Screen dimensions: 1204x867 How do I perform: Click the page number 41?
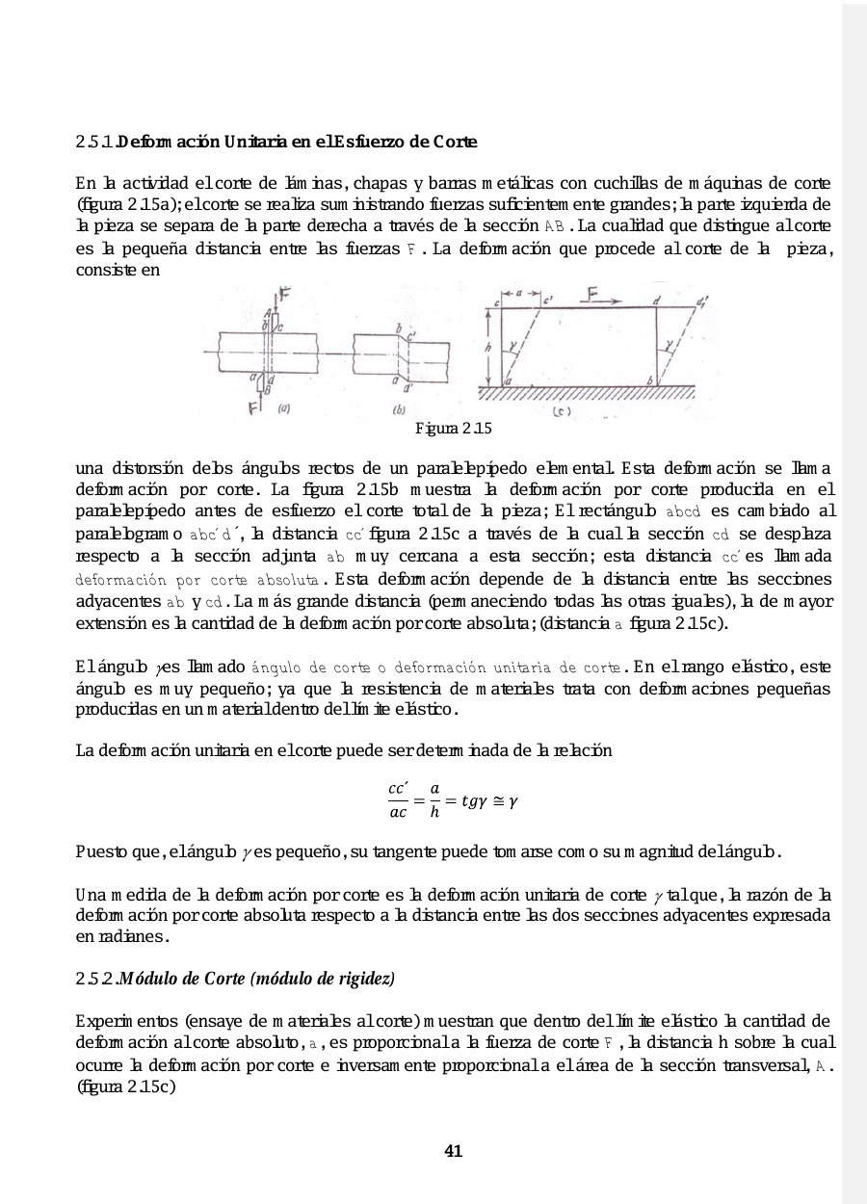pos(454,1150)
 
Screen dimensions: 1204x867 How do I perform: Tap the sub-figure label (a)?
pos(284,408)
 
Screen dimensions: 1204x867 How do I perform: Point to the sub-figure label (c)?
pos(562,411)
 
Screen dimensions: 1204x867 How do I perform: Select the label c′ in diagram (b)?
pos(412,337)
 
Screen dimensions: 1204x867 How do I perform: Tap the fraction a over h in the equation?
pos(434,800)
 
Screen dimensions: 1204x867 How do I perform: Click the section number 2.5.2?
pos(93,979)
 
